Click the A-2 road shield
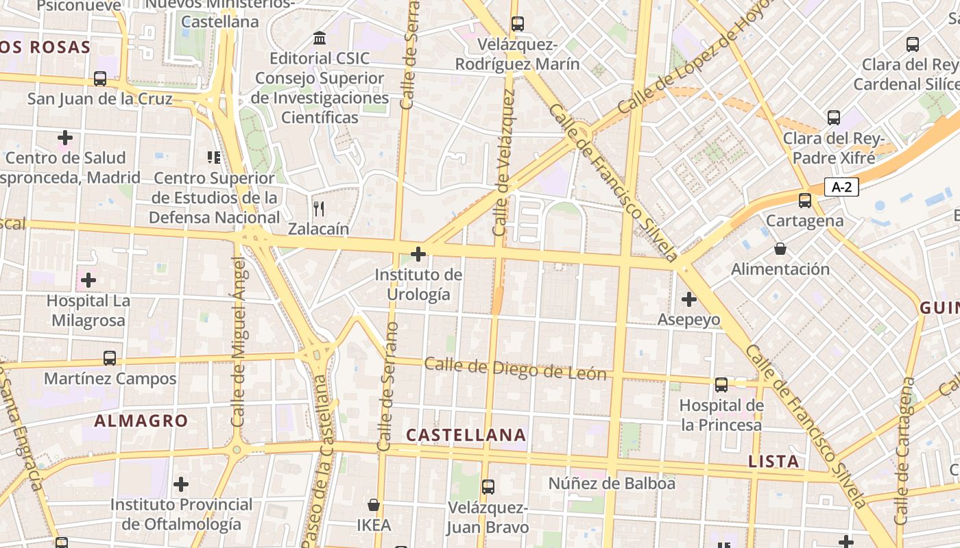pos(841,186)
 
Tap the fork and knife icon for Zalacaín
pos(318,208)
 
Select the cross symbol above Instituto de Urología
pos(418,254)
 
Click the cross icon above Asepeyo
pos(688,299)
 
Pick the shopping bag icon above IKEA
pos(374,506)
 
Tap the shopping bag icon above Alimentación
pos(780,249)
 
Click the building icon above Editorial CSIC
pos(319,38)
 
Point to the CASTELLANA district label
pos(466,435)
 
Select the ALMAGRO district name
pos(141,421)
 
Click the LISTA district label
pos(773,461)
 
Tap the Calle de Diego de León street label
pos(515,369)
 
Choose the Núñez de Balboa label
pos(612,484)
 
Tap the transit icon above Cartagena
pos(805,201)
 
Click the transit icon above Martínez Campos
pos(110,358)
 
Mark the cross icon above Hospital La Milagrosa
pos(88,280)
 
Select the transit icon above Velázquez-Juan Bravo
pos(488,487)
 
